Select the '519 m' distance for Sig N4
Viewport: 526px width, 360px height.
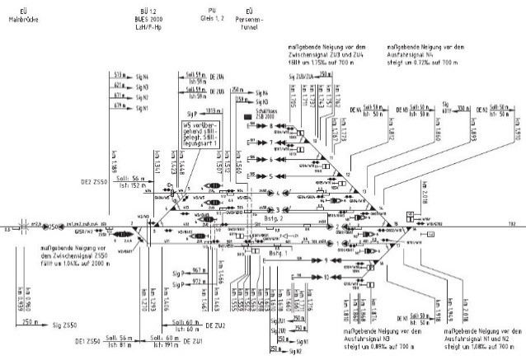[119, 73]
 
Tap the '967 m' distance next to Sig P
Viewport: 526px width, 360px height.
[199, 270]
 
